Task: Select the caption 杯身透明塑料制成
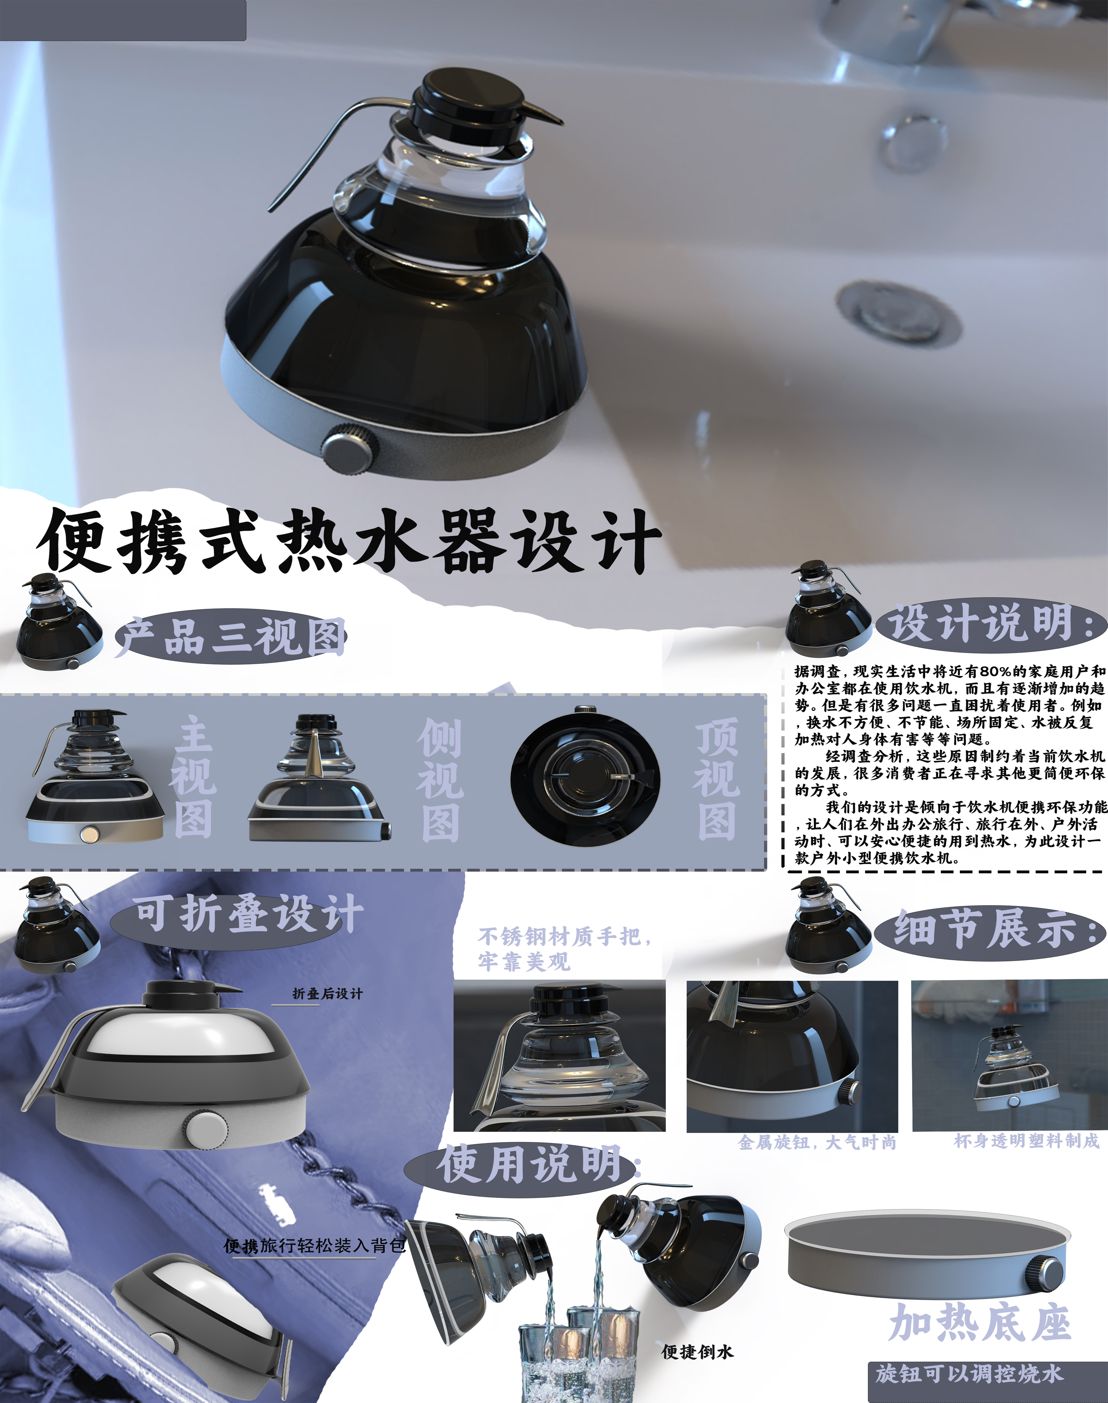pyautogui.click(x=1026, y=1140)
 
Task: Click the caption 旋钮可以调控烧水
pyautogui.click(x=969, y=1373)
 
